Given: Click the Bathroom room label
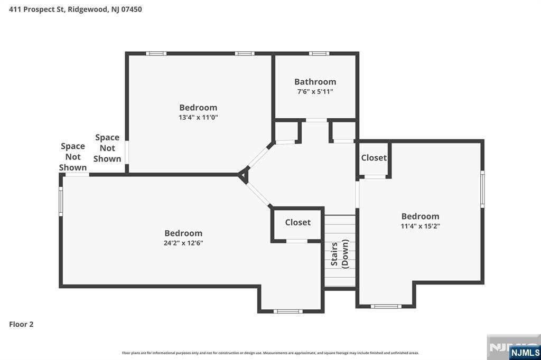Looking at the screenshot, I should pyautogui.click(x=315, y=82).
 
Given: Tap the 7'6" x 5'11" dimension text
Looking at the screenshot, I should pyautogui.click(x=315, y=91).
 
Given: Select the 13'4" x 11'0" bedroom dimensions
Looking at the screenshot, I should pyautogui.click(x=198, y=117).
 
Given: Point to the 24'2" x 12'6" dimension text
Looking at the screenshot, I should pyautogui.click(x=183, y=243).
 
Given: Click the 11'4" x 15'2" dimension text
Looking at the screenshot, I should pyautogui.click(x=420, y=226).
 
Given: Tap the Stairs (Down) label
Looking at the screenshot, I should pyautogui.click(x=339, y=254).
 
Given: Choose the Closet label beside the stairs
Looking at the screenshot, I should pyautogui.click(x=297, y=222).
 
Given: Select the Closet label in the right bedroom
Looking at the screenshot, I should pyautogui.click(x=374, y=158).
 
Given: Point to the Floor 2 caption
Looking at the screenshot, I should pyautogui.click(x=21, y=324).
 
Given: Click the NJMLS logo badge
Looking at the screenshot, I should pyautogui.click(x=525, y=352).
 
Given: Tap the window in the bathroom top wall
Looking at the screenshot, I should pyautogui.click(x=319, y=53).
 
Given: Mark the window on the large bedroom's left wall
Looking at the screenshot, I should pyautogui.click(x=61, y=202).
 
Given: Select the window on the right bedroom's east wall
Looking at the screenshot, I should pyautogui.click(x=482, y=188).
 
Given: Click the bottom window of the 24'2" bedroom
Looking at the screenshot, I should pyautogui.click(x=288, y=311).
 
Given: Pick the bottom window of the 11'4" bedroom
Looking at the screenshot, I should pyautogui.click(x=385, y=306).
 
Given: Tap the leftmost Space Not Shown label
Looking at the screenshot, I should pyautogui.click(x=73, y=157).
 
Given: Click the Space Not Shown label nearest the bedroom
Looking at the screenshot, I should pyautogui.click(x=107, y=148).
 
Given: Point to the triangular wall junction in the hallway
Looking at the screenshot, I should pyautogui.click(x=244, y=175).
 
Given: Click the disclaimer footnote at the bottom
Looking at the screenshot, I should pyautogui.click(x=270, y=353).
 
